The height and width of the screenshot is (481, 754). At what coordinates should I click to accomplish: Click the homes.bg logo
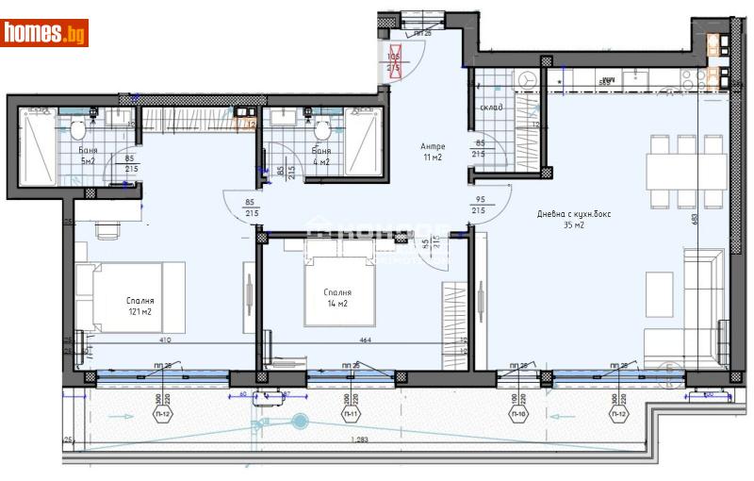(x=44, y=33)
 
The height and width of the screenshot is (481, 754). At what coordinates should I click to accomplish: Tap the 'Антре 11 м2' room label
(x=433, y=152)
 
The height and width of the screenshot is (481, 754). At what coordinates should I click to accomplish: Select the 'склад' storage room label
(x=491, y=108)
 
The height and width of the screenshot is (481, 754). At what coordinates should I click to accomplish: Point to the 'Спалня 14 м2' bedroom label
(x=336, y=298)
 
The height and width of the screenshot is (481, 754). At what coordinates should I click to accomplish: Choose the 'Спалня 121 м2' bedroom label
(x=139, y=307)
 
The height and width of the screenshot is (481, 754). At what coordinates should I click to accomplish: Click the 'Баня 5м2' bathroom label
(x=88, y=156)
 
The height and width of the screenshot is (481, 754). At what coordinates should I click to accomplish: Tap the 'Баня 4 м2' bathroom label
(x=321, y=156)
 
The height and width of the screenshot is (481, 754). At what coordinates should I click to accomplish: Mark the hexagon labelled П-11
(x=352, y=413)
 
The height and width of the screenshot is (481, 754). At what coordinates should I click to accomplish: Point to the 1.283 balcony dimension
(x=357, y=440)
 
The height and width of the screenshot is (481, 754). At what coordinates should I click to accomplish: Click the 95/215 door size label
(x=478, y=206)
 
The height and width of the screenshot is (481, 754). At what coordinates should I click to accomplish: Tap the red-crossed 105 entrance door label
(x=394, y=62)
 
